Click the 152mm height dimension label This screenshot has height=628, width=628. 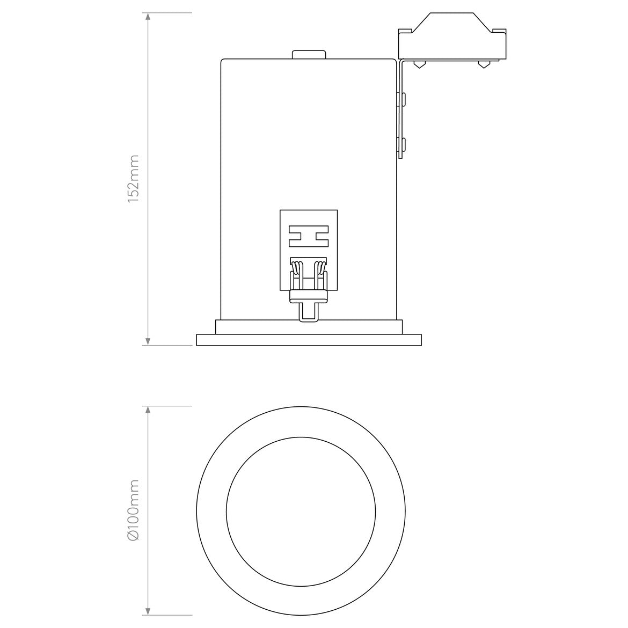(134, 179)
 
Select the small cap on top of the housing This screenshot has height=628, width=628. (309, 54)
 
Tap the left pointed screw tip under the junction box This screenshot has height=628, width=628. (419, 65)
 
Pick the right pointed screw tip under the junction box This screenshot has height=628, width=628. (484, 65)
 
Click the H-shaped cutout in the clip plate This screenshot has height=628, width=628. (309, 236)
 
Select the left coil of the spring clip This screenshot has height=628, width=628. (296, 267)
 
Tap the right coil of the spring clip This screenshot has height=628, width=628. (321, 267)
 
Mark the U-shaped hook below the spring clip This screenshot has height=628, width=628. (309, 312)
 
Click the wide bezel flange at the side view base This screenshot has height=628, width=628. (309, 340)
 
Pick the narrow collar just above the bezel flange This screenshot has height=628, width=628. (309, 327)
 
